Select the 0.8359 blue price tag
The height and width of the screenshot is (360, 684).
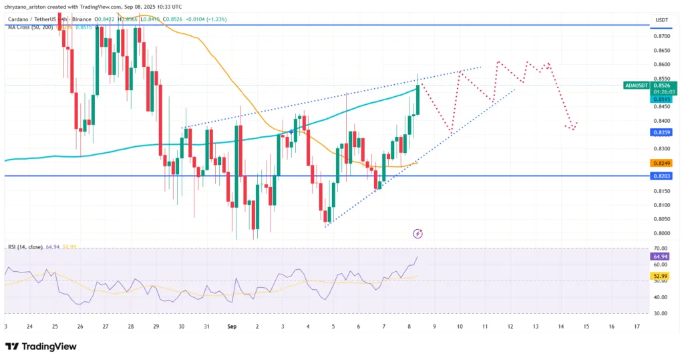[x=661, y=133]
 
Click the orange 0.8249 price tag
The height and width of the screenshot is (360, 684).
[x=661, y=163]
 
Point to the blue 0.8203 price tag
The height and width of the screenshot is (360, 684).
[x=661, y=176]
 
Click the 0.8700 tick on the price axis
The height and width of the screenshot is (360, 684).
[x=661, y=37]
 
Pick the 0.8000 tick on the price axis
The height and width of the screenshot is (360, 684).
[x=661, y=233]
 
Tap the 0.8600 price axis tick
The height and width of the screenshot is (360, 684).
[x=661, y=65]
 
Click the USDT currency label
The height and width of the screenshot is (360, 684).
[x=662, y=20]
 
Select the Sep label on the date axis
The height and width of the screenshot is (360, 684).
[x=232, y=327]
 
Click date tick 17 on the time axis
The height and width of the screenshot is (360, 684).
[x=637, y=327]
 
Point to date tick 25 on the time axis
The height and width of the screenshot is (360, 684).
[x=55, y=327]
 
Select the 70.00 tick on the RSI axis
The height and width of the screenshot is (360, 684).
[x=661, y=248]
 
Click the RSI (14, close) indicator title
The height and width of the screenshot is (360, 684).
[x=24, y=247]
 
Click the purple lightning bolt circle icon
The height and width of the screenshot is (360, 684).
[x=418, y=234]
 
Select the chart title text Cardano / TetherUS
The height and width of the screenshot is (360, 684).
[x=31, y=19]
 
